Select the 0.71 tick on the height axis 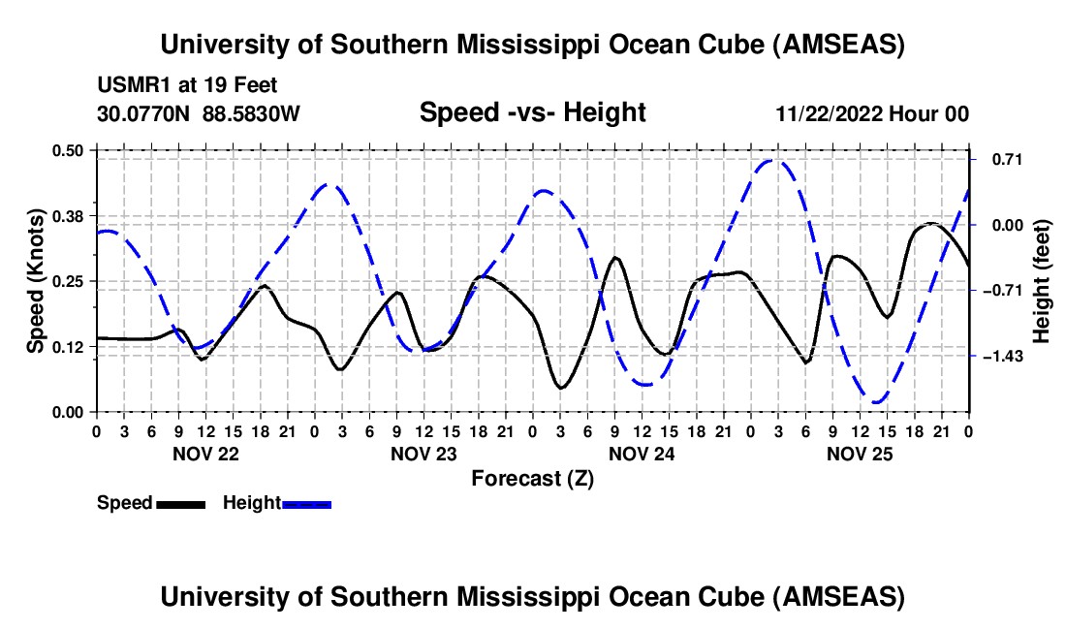click(x=998, y=159)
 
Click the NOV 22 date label click(x=204, y=453)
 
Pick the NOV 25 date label click(x=860, y=453)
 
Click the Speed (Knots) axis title click(x=36, y=280)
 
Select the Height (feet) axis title click(x=1042, y=280)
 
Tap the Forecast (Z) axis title click(x=532, y=478)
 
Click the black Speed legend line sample click(x=180, y=504)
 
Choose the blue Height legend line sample click(x=307, y=504)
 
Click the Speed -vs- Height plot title click(x=532, y=113)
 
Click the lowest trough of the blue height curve click(x=877, y=402)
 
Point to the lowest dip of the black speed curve click(x=560, y=389)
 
